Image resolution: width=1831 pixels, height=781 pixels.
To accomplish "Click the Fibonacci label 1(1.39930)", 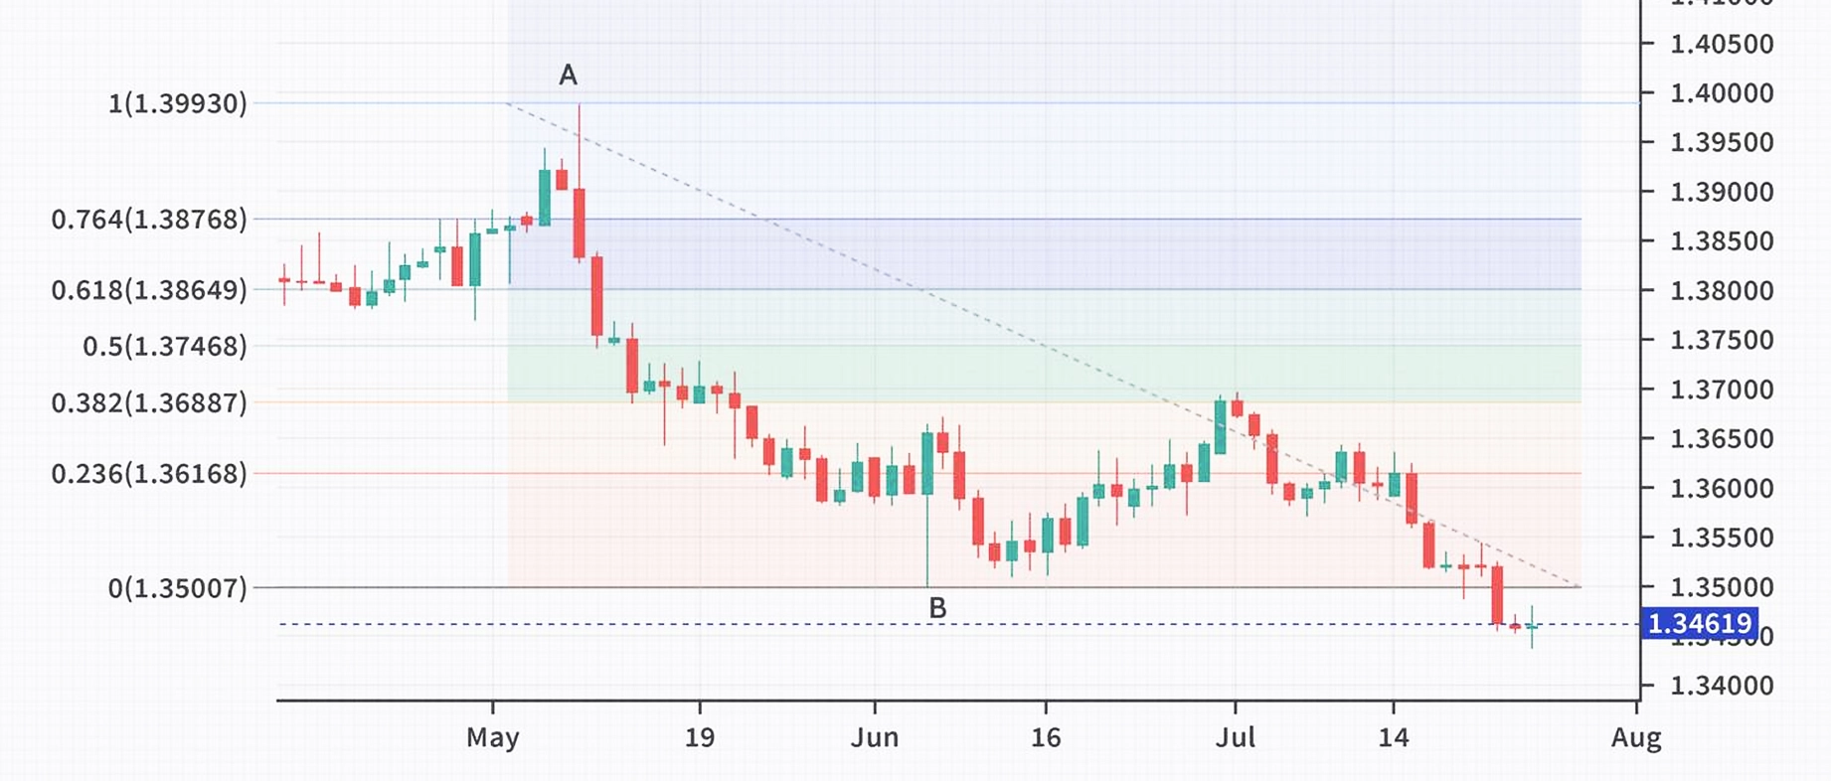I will point(177,103).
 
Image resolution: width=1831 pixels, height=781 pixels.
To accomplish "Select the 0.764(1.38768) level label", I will point(149,220).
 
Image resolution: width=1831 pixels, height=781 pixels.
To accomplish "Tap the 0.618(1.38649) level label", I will point(149,290).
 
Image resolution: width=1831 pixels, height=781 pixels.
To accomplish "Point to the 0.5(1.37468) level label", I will point(165,346).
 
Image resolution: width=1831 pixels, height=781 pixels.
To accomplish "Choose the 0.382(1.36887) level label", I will point(149,402).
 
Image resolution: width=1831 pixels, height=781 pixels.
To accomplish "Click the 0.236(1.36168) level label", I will point(149,474).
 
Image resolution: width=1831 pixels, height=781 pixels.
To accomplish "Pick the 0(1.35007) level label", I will point(177,588).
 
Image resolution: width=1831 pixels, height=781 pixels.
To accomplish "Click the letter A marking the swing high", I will point(568,75).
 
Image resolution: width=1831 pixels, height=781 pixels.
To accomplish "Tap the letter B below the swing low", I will point(936,608).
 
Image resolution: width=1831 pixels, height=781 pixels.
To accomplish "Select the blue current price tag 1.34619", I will point(1699,624).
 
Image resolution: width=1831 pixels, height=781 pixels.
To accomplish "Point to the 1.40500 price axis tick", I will point(1722,44).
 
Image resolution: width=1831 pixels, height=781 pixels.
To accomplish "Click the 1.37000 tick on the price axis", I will point(1722,390).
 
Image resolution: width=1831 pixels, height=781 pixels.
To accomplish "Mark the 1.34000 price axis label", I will point(1722,686).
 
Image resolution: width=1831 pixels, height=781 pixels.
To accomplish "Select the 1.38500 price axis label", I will point(1722,241).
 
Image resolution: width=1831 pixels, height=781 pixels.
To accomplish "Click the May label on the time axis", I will point(493,738).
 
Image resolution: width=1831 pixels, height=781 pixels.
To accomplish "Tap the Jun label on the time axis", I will point(875,738).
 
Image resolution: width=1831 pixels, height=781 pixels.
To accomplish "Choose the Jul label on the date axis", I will point(1236,738).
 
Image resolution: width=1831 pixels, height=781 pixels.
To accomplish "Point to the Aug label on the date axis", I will point(1636,738).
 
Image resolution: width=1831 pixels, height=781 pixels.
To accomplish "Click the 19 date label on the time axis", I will point(700,738).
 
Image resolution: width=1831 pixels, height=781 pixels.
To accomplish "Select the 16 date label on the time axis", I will point(1046,738).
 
